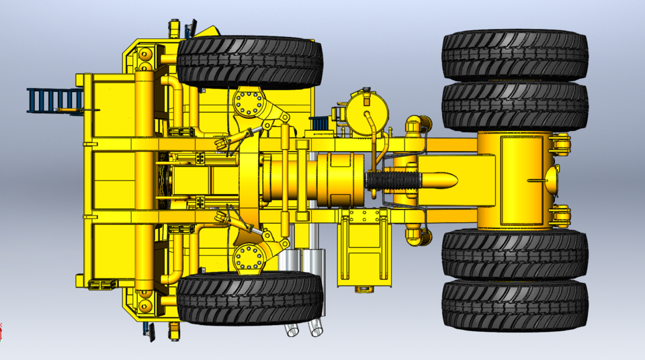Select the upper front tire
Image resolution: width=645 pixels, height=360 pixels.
click(250, 62)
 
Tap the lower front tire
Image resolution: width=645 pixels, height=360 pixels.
click(250, 299)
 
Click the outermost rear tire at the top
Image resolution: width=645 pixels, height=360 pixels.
click(515, 54)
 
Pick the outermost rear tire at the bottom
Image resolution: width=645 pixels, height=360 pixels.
click(515, 306)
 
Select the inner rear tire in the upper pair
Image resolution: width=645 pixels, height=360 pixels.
click(515, 106)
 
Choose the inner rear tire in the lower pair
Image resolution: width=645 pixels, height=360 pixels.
click(515, 254)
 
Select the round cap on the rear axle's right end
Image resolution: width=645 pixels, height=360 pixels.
click(552, 179)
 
